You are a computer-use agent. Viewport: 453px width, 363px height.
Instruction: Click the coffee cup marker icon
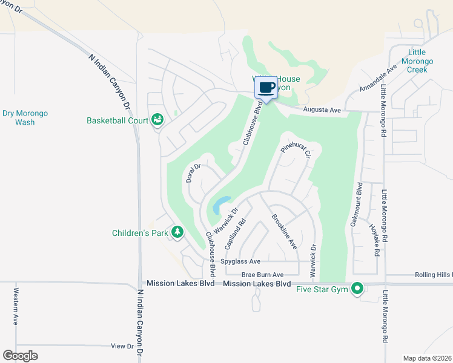pyautogui.click(x=267, y=88)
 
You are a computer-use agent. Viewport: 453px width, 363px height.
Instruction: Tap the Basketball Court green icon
pyautogui.click(x=157, y=120)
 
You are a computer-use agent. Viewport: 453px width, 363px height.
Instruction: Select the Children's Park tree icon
pyautogui.click(x=177, y=232)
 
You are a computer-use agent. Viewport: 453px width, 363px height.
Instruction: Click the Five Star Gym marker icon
pyautogui.click(x=357, y=289)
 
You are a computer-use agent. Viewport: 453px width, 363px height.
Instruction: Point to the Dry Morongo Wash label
pyautogui.click(x=25, y=117)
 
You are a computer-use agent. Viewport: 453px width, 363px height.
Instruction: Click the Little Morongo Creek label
pyautogui.click(x=417, y=61)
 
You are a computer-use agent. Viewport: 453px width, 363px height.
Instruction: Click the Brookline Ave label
pyautogui.click(x=284, y=232)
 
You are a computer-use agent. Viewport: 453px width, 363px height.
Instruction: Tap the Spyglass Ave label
pyautogui.click(x=240, y=261)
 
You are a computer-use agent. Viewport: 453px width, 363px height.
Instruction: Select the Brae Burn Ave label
pyautogui.click(x=262, y=274)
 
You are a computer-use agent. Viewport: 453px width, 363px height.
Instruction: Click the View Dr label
pyautogui.click(x=122, y=346)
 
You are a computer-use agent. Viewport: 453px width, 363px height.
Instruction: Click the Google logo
pyautogui.click(x=20, y=356)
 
